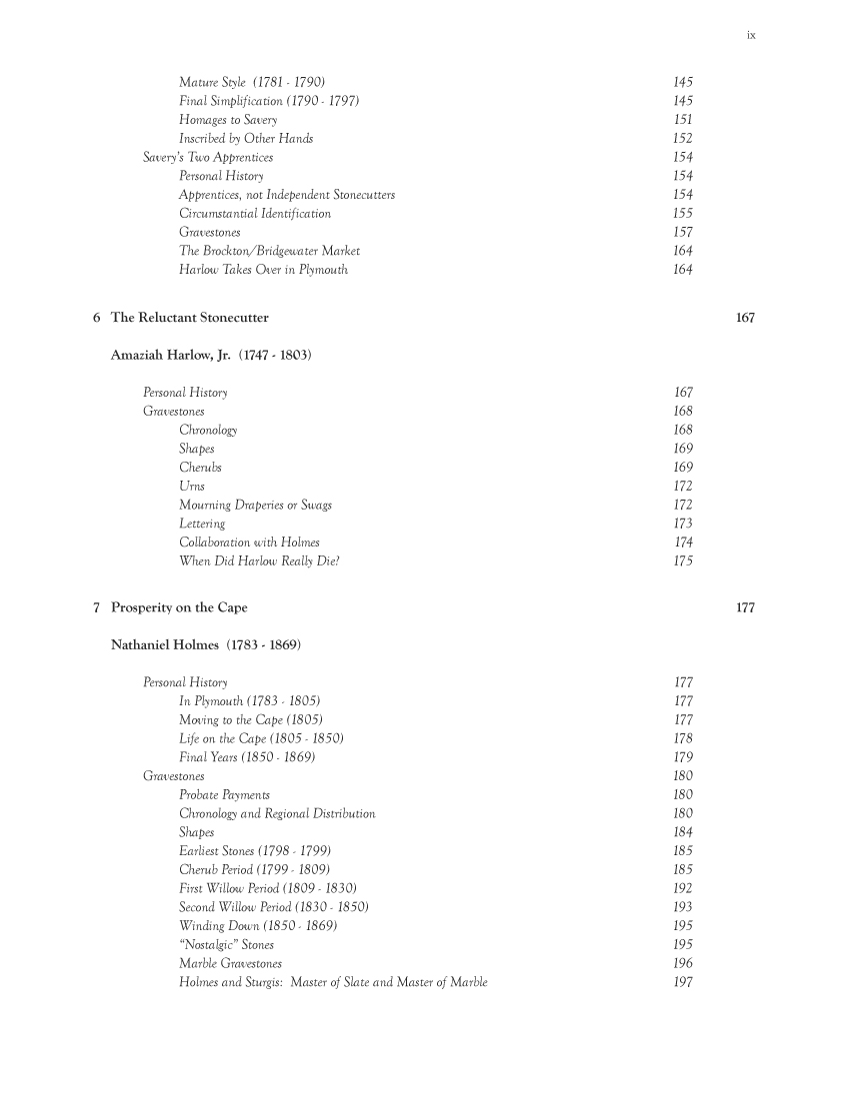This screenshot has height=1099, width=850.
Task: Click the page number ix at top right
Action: point(750,36)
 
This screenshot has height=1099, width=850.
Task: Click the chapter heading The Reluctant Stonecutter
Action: point(189,318)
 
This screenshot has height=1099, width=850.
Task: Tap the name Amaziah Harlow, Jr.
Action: point(172,355)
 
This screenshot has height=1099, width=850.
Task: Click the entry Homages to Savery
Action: point(228,120)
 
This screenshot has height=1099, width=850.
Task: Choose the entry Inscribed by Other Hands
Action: point(246,139)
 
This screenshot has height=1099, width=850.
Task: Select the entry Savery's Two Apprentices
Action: point(208,157)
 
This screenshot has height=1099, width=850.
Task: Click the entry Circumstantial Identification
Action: point(255,213)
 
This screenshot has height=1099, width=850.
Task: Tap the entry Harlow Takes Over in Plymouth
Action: point(263,270)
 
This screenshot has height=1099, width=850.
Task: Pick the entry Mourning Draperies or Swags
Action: point(255,505)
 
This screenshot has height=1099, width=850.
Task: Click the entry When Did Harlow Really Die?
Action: point(259,560)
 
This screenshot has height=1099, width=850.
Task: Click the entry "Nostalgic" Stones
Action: point(226,944)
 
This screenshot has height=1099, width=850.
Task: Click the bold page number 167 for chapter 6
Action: point(745,318)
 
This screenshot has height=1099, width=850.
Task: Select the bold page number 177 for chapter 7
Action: point(745,606)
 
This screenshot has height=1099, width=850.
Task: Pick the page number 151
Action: point(684,120)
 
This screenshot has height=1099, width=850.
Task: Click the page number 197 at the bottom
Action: point(684,982)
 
